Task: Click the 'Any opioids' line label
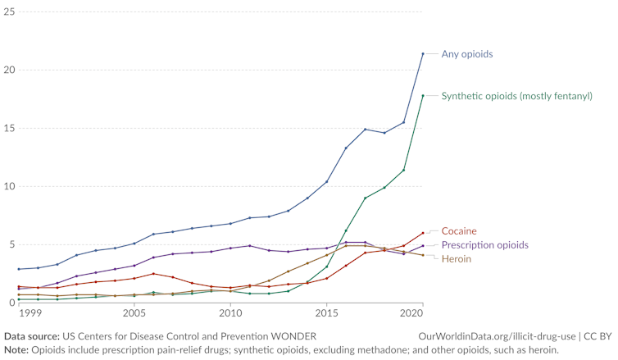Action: [467, 54]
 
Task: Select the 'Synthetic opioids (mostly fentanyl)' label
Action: [516, 96]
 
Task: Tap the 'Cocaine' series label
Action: [458, 231]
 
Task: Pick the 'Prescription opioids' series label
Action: [484, 245]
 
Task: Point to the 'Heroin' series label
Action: [457, 259]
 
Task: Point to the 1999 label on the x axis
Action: [30, 313]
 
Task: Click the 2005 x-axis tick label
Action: [134, 313]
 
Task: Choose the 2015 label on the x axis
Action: [327, 313]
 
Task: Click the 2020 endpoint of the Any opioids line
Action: [423, 54]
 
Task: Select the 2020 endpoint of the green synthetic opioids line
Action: [423, 96]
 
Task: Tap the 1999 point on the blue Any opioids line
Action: [19, 269]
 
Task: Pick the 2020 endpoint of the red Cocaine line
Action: [423, 233]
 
